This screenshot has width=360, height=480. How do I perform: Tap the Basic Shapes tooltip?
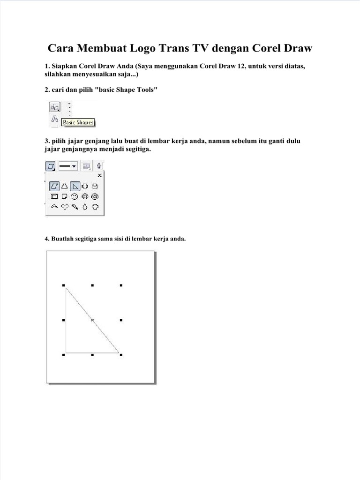tap(78, 123)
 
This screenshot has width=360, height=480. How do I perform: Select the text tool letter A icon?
tap(54, 119)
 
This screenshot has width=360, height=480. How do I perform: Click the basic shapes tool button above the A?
tap(54, 107)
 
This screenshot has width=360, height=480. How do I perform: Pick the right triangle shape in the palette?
tap(75, 186)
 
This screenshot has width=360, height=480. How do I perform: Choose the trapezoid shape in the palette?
tap(65, 186)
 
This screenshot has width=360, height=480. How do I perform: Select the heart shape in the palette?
tap(65, 207)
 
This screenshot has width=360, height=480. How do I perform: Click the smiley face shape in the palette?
tap(75, 196)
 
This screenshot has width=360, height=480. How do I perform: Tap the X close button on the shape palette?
tap(99, 175)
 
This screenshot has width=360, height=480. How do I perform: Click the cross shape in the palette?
tap(85, 186)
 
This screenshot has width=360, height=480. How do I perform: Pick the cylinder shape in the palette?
tap(95, 186)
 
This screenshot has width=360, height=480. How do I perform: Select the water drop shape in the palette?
tap(85, 207)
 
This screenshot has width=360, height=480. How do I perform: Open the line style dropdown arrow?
tap(74, 166)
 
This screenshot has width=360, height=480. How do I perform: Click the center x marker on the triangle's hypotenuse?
tap(92, 320)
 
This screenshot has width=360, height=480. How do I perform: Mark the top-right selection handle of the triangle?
tap(121, 285)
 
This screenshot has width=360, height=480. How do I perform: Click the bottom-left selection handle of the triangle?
tap(63, 355)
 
